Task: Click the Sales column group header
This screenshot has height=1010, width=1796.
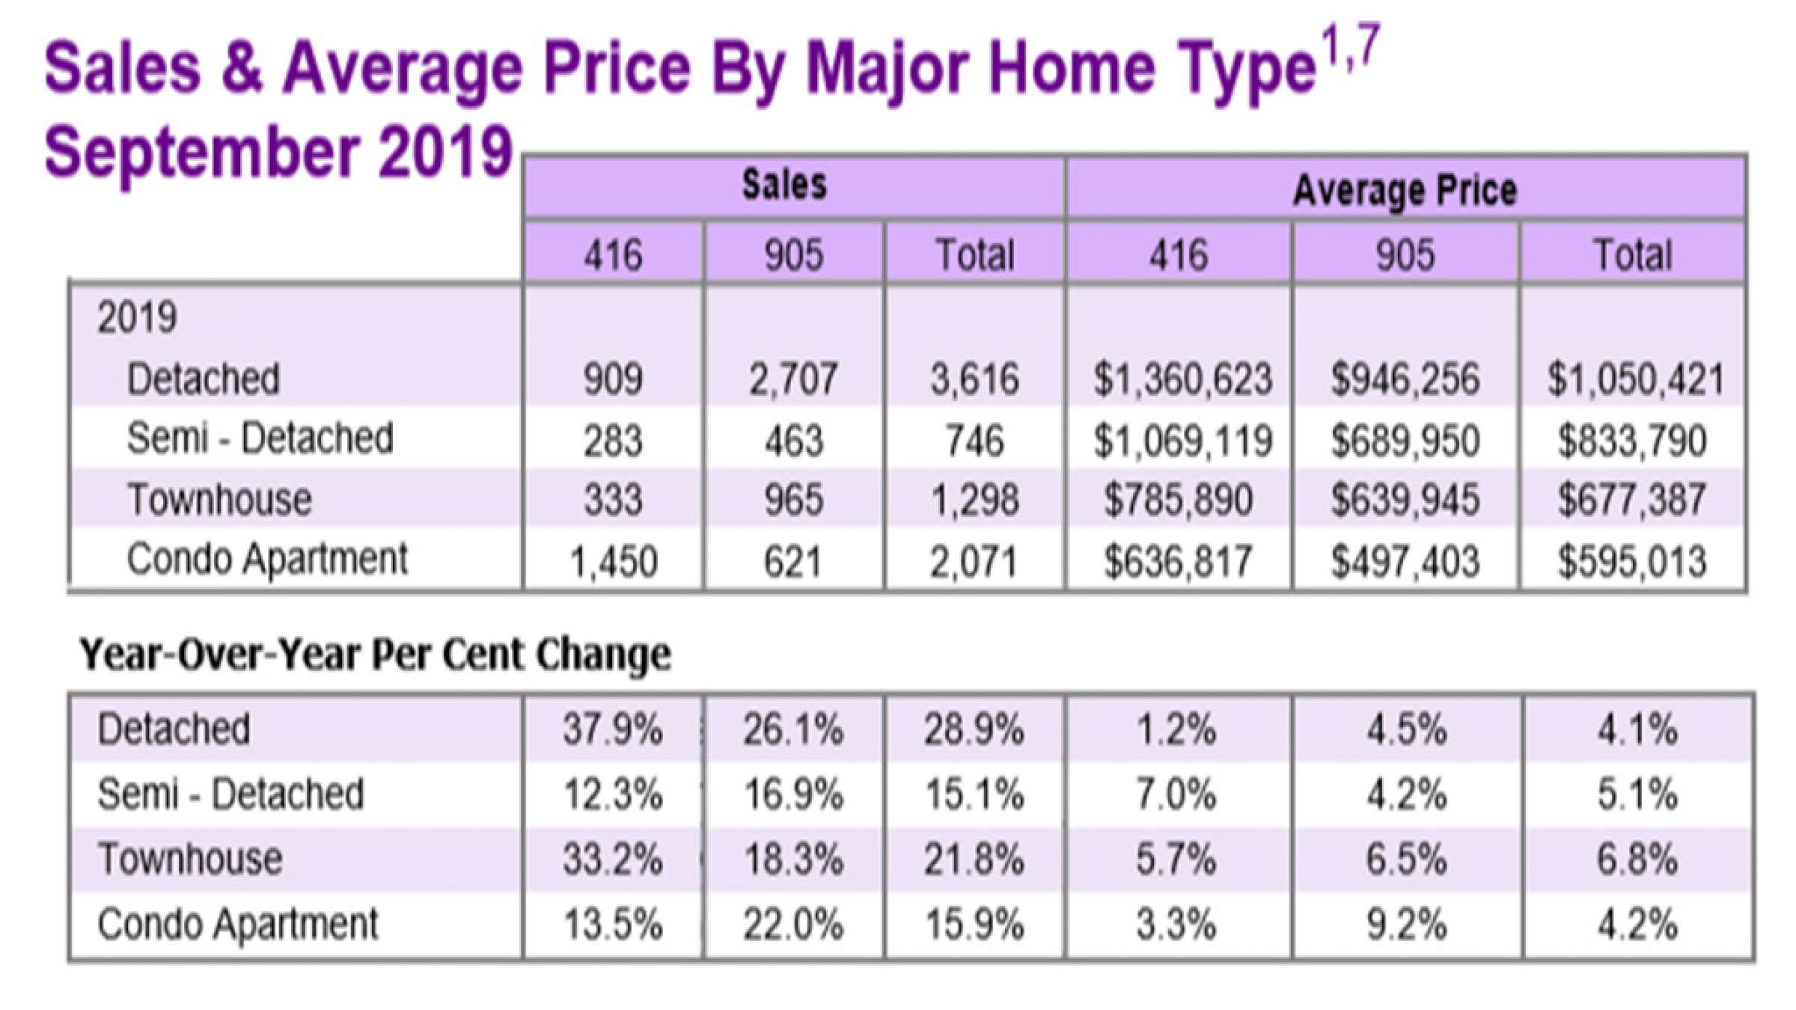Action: coord(784,185)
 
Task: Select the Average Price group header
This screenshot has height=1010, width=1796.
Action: coord(1405,190)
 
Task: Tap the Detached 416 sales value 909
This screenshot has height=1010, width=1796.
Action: coord(613,379)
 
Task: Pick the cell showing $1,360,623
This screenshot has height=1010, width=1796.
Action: coord(1182,379)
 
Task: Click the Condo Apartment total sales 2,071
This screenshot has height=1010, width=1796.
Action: coord(974,562)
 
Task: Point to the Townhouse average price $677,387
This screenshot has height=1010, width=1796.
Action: coord(1632,500)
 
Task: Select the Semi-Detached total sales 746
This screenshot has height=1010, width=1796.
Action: coord(974,440)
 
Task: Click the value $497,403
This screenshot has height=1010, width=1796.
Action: coord(1405,562)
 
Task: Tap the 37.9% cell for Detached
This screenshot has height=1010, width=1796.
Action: coord(613,729)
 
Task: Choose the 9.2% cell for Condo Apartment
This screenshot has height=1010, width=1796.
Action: coord(1406,925)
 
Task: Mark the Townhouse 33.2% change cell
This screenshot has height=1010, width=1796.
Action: coord(613,860)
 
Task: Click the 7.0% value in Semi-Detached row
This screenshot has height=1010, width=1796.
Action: coord(1176,795)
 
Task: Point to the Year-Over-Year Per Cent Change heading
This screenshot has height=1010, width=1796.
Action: coord(375,655)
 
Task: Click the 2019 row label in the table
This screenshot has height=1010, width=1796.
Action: coord(137,317)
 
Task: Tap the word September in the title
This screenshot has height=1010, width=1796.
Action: coord(203,152)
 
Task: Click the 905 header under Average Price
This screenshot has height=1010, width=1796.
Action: coord(1405,254)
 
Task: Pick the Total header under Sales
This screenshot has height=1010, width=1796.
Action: coord(974,254)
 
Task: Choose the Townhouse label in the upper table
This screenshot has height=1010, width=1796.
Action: coord(219,500)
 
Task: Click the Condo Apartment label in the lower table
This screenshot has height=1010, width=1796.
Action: coord(238,925)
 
